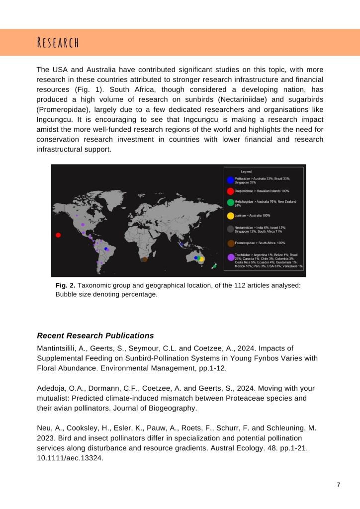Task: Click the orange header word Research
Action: coord(58,42)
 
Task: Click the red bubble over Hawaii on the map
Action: coord(58,235)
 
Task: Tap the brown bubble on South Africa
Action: coord(145,259)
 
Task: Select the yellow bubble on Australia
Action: coord(201,259)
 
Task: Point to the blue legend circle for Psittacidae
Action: coord(230,180)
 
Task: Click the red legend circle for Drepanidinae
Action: coord(230,191)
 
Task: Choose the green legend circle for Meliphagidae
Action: coord(230,203)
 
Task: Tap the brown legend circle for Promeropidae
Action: coord(231,243)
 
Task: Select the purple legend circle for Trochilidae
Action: coord(231,257)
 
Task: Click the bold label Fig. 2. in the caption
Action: coord(65,285)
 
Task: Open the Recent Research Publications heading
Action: coord(95,336)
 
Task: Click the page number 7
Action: coord(339,485)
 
